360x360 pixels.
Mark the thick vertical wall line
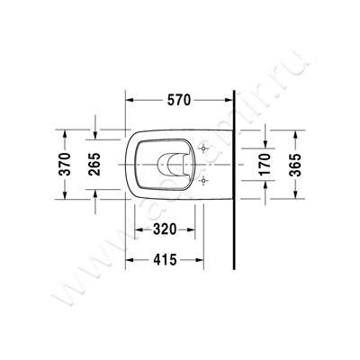point(232,180)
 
